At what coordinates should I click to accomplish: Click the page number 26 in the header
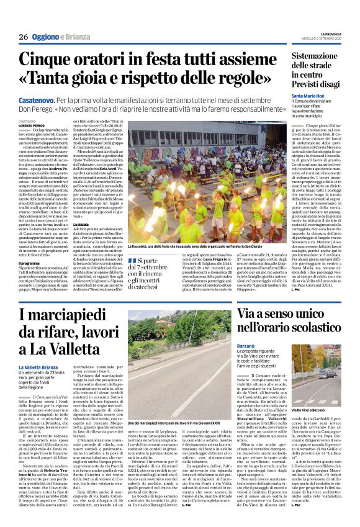pos(22,37)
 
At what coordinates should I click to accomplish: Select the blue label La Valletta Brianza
pos(40,367)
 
